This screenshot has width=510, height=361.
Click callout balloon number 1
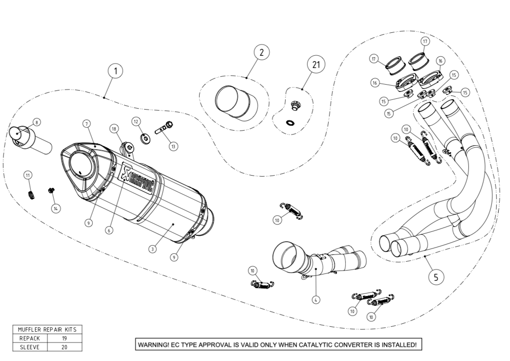pos(115,71)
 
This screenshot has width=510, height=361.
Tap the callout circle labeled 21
pos(316,64)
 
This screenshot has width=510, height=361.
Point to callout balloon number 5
pos(436,277)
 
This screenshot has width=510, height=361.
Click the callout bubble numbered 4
pos(316,299)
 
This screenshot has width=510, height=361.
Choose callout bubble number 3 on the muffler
pos(153,249)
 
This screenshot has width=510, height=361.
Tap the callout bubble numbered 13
pos(172,146)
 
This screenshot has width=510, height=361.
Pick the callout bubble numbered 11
pos(28,175)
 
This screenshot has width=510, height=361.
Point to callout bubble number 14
pos(56,208)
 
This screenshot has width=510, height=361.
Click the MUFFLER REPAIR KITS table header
pos(47,329)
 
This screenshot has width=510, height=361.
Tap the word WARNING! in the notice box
pos(153,345)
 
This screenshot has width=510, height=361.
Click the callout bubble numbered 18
pos(114,129)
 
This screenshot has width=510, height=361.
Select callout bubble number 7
pos(85,122)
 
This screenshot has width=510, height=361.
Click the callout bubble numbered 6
pos(109,229)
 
